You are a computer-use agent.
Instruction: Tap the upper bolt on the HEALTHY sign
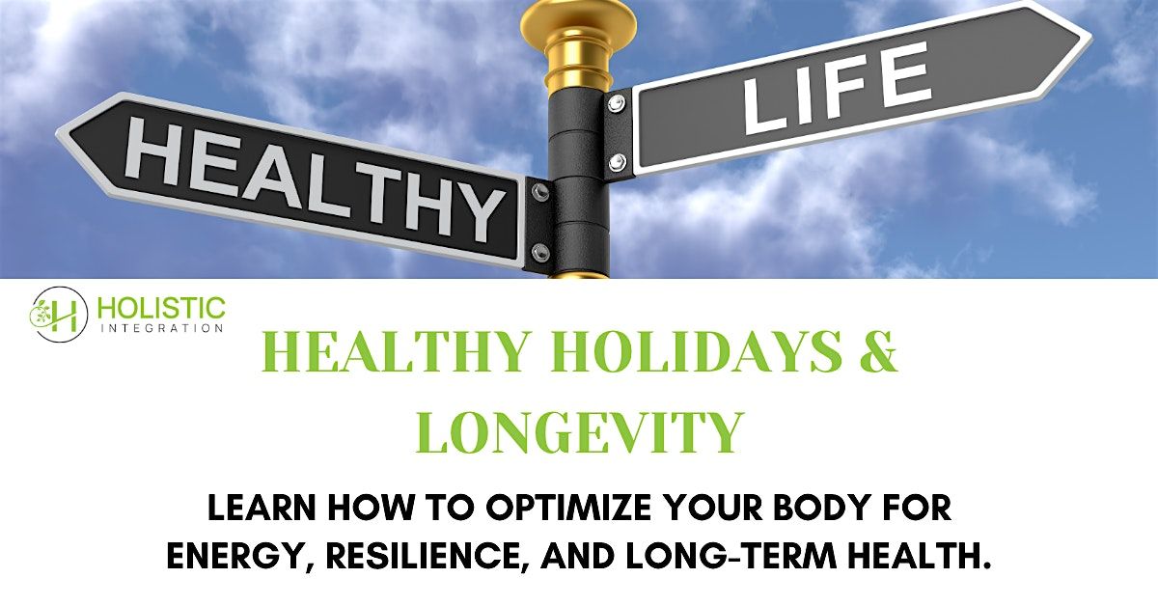[x=540, y=192]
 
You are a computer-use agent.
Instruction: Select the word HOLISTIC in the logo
[x=162, y=309]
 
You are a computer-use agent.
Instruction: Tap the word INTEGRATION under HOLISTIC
[x=161, y=328]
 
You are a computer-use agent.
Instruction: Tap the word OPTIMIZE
[x=545, y=509]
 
